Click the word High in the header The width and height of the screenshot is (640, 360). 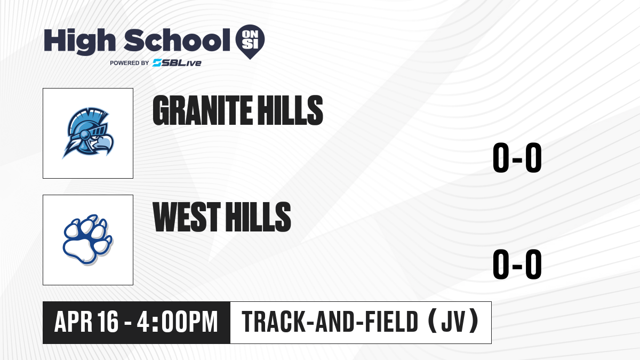[79, 41]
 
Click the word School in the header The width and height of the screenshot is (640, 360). [177, 40]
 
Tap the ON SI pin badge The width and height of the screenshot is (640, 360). [250, 42]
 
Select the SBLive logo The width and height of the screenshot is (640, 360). [177, 63]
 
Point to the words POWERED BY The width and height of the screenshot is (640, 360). [130, 63]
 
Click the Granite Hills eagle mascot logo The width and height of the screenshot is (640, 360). [88, 133]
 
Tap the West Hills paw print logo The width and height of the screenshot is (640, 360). [87, 239]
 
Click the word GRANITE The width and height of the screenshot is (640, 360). [203, 110]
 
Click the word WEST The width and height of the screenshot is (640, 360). [187, 217]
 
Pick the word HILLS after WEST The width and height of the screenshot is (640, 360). [258, 217]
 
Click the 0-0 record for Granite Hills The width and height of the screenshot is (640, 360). [517, 158]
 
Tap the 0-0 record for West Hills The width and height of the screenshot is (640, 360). [517, 264]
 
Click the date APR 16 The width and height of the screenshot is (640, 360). [86, 322]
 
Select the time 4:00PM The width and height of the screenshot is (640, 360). [177, 322]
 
